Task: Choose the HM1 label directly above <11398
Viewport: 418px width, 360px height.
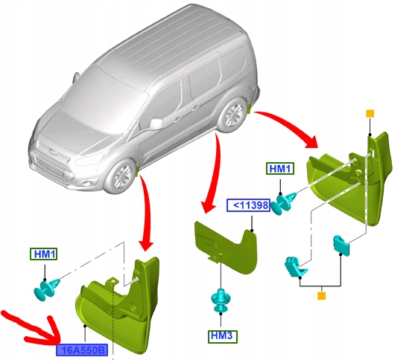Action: click(x=280, y=170)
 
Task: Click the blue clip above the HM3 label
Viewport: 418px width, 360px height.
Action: click(x=221, y=300)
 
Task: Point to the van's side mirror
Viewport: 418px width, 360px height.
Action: click(x=157, y=121)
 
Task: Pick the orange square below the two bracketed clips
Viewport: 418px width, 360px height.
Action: click(x=322, y=296)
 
